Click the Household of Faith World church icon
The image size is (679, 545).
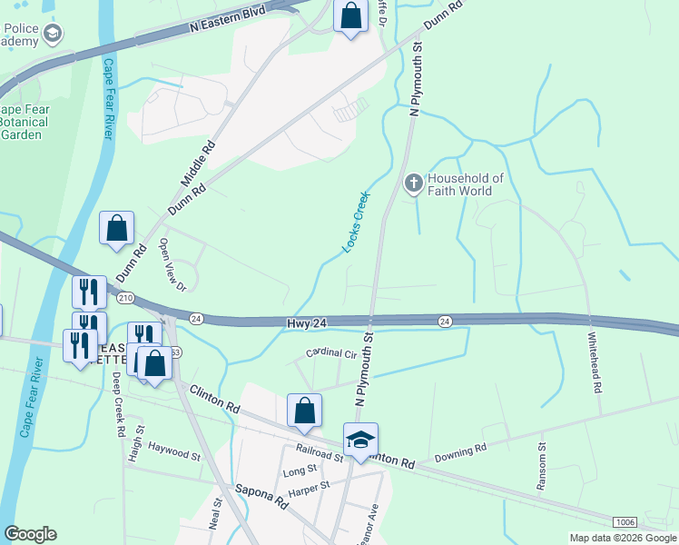pos(413,184)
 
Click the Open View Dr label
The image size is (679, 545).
pos(172,264)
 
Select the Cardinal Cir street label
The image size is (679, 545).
pos(329,352)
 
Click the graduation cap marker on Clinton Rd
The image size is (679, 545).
pos(360,441)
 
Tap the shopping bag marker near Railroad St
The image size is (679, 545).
pos(305,411)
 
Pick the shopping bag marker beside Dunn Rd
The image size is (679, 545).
pos(117,229)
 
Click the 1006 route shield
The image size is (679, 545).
pos(624,522)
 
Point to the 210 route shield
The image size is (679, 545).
pos(125,298)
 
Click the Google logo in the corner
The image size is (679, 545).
pos(30,534)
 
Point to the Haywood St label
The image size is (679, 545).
pos(173,451)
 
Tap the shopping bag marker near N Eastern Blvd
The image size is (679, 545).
pos(349,16)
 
